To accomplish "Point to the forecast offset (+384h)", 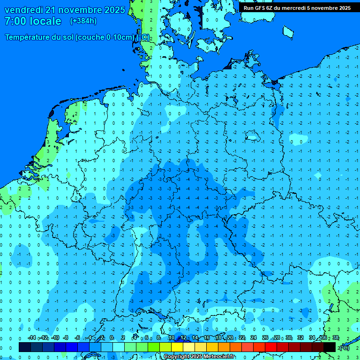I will pos(83,21).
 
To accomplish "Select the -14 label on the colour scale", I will pos(31,337).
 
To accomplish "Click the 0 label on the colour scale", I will pos(112,337).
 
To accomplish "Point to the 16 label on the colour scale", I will pos(207,337).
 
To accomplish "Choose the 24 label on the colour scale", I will pos(254,337).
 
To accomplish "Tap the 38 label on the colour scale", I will pos(336,337).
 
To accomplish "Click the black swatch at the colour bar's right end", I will pos(330,347).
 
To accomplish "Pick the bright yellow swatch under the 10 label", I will pos(177,347).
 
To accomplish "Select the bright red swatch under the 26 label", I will pos(271,347).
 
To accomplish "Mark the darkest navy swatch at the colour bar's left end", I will pos(25,347).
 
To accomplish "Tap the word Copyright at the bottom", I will pos(178,357).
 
